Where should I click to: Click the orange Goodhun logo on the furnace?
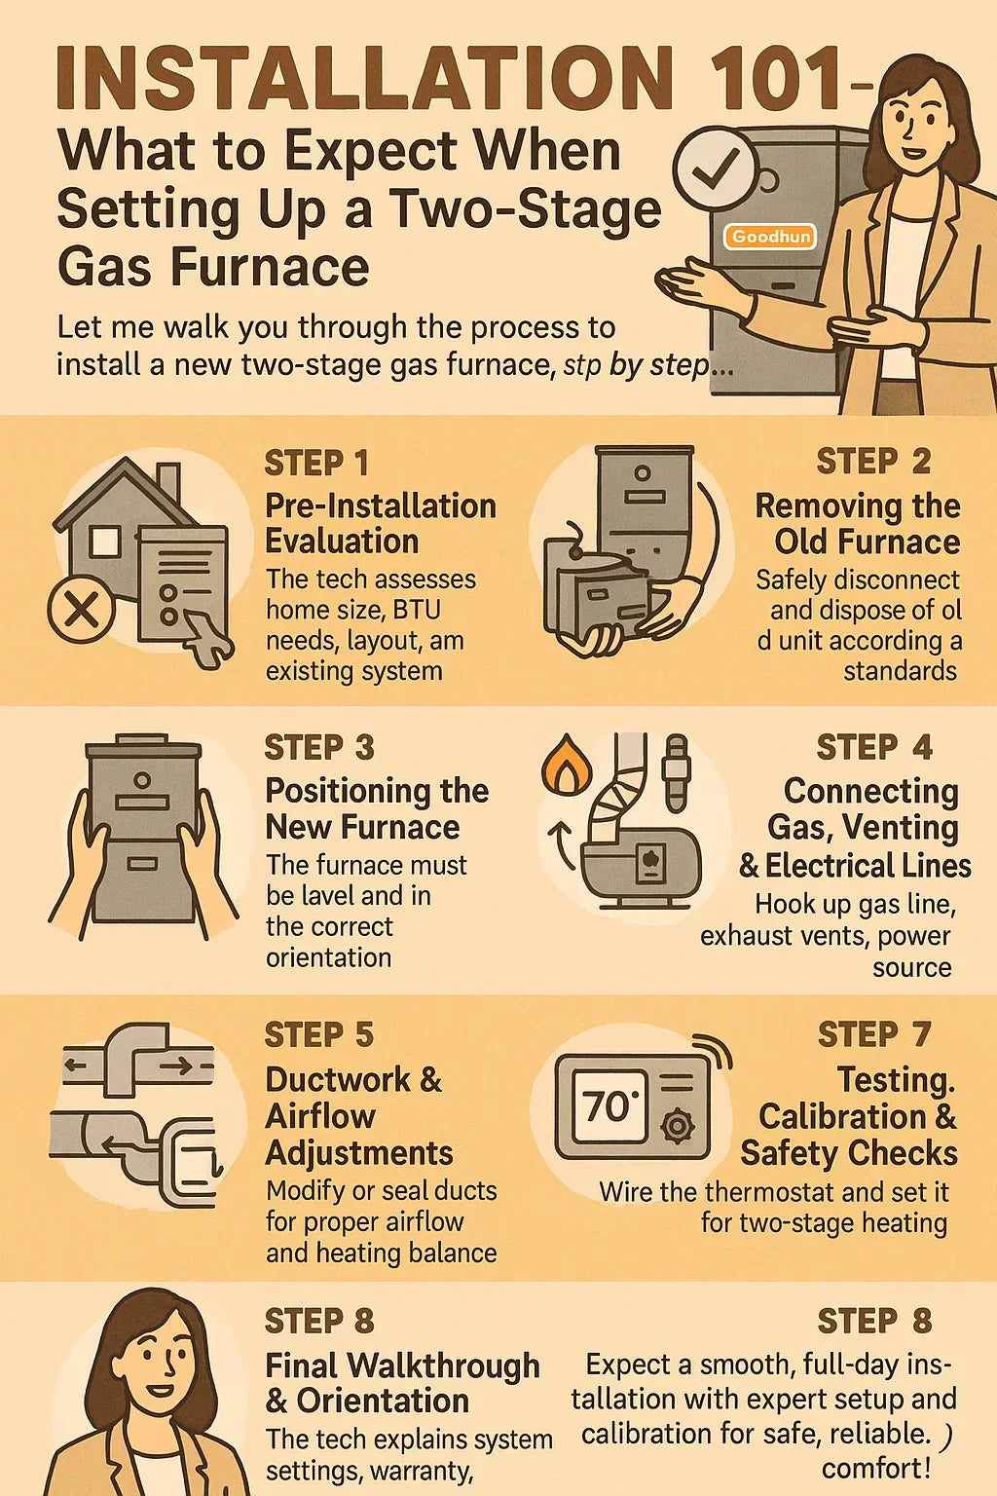[770, 237]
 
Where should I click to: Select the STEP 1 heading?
[316, 463]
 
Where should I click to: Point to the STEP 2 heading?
[873, 462]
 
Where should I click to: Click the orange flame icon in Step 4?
[561, 764]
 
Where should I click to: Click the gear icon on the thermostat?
[677, 1126]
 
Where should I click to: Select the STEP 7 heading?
[874, 1034]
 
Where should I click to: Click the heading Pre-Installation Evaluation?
[380, 523]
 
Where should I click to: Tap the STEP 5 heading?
[318, 1034]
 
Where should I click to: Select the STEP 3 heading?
[318, 748]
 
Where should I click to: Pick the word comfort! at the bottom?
[876, 1468]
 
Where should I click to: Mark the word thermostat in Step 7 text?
[770, 1192]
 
